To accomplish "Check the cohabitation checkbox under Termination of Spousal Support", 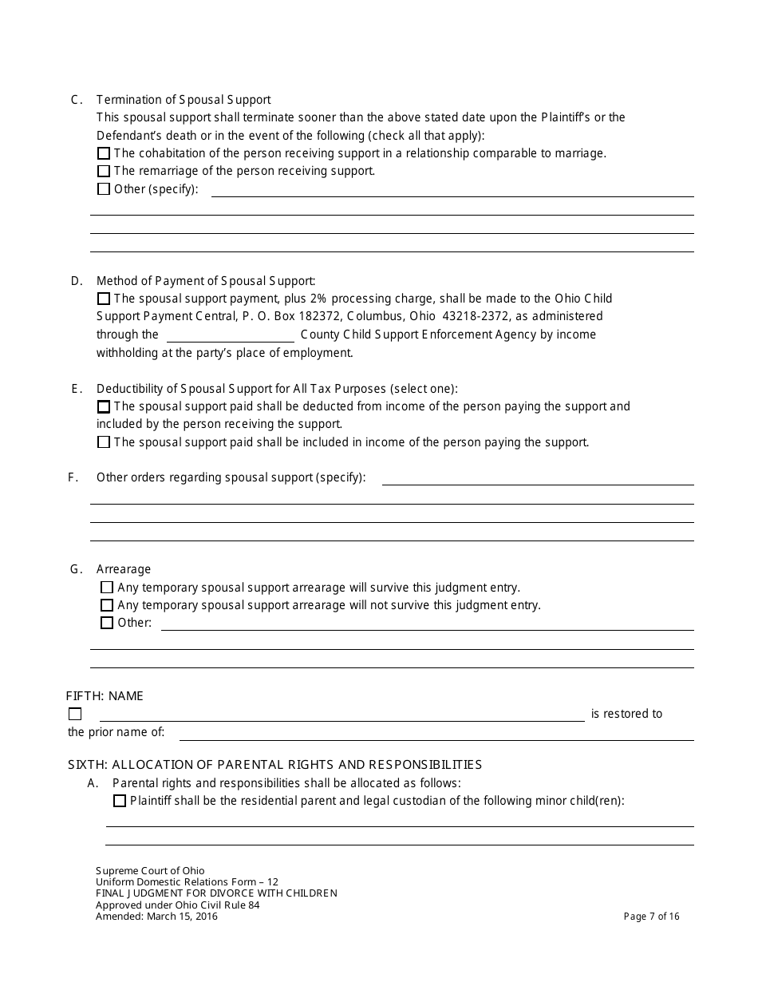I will [x=104, y=153].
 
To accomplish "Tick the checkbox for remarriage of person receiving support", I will [x=104, y=171].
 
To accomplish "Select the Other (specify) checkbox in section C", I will [x=104, y=189].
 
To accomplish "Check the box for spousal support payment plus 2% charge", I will [x=104, y=299].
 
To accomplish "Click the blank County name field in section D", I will [x=230, y=335].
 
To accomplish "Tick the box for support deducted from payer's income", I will [x=104, y=406].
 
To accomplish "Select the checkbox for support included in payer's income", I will [x=104, y=442].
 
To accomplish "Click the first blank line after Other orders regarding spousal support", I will [x=537, y=478].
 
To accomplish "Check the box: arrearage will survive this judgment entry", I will [x=107, y=588].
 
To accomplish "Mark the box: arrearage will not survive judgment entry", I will [x=107, y=605].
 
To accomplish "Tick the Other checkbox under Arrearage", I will [x=107, y=623].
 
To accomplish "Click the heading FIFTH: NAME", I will [x=105, y=696].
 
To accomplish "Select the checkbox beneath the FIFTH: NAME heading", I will [x=75, y=715].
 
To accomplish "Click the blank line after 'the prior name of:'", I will [x=436, y=733].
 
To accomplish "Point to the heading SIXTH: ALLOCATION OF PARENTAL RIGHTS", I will [x=274, y=765].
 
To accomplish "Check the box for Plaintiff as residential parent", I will [x=120, y=801].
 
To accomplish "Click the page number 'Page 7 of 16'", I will [x=651, y=917].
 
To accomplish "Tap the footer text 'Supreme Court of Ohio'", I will [x=150, y=871].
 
